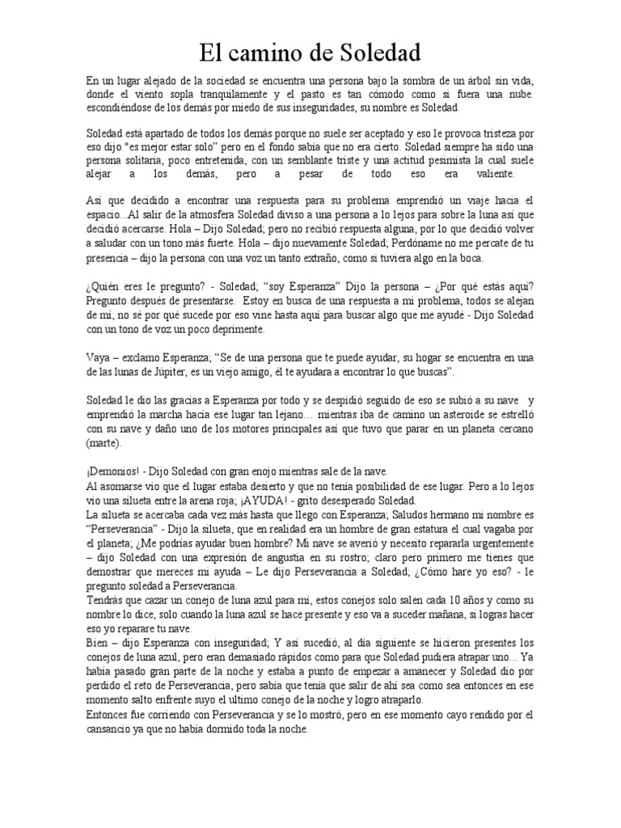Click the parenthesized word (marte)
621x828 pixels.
coord(103,443)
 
